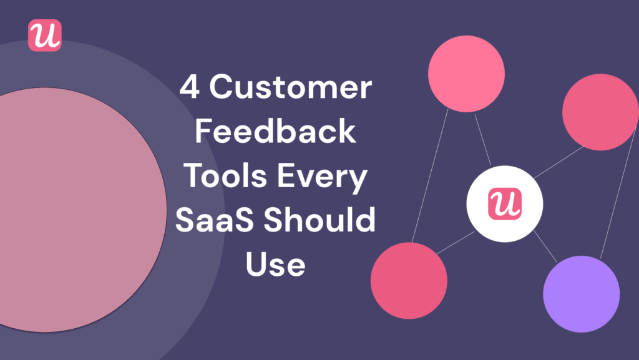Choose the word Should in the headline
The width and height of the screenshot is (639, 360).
click(x=324, y=221)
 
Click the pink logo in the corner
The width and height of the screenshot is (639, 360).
click(x=45, y=36)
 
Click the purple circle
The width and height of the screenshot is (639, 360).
click(x=581, y=293)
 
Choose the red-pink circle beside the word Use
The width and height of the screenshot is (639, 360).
click(x=409, y=280)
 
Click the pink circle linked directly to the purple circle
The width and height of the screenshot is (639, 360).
click(x=600, y=112)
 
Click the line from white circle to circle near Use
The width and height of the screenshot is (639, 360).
click(x=456, y=243)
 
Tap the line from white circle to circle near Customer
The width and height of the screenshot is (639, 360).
click(x=482, y=141)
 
